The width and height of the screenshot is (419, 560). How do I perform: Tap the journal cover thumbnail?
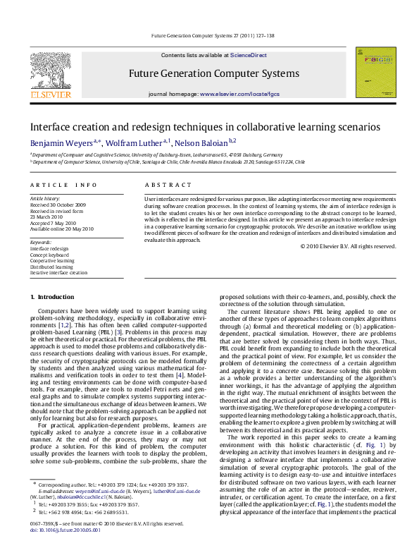(371, 74)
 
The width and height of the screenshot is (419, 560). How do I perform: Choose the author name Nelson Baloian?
(204, 142)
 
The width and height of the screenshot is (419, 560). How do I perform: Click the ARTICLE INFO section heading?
(63, 185)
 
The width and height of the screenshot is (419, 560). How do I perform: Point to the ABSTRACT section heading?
(163, 185)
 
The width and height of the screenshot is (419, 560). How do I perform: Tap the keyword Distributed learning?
(52, 267)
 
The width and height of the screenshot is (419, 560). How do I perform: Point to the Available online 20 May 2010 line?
(61, 227)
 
